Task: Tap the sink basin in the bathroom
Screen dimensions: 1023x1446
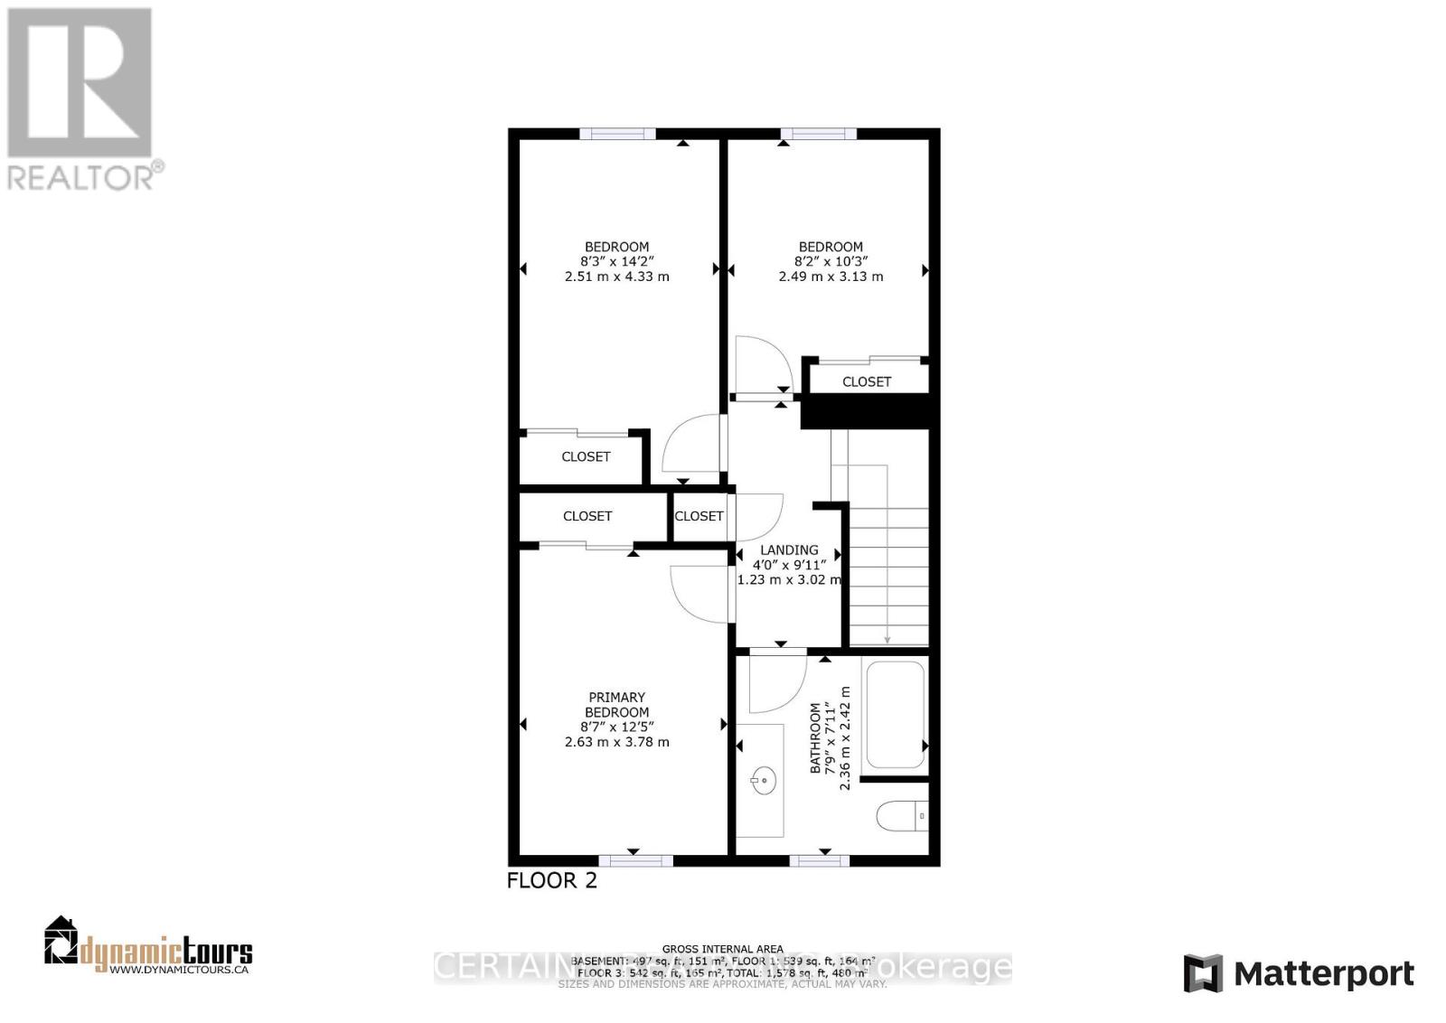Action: [764, 778]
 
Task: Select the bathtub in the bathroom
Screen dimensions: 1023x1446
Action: [895, 715]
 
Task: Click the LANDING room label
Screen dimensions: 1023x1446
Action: [789, 549]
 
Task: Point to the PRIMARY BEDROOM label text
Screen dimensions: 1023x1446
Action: [617, 705]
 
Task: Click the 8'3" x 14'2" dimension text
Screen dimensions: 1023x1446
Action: [616, 262]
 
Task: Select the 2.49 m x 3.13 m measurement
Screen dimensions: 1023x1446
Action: [831, 277]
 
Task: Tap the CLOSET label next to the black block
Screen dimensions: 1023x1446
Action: [867, 381]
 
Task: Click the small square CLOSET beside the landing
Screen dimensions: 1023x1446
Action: [700, 516]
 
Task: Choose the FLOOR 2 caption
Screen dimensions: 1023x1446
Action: [552, 880]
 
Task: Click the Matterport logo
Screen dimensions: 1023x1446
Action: [1299, 973]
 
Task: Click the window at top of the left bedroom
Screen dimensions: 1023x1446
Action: [618, 134]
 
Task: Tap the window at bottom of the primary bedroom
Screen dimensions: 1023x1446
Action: [635, 859]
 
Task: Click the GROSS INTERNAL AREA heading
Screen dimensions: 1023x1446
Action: [723, 949]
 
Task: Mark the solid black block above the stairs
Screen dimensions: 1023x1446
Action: [866, 412]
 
